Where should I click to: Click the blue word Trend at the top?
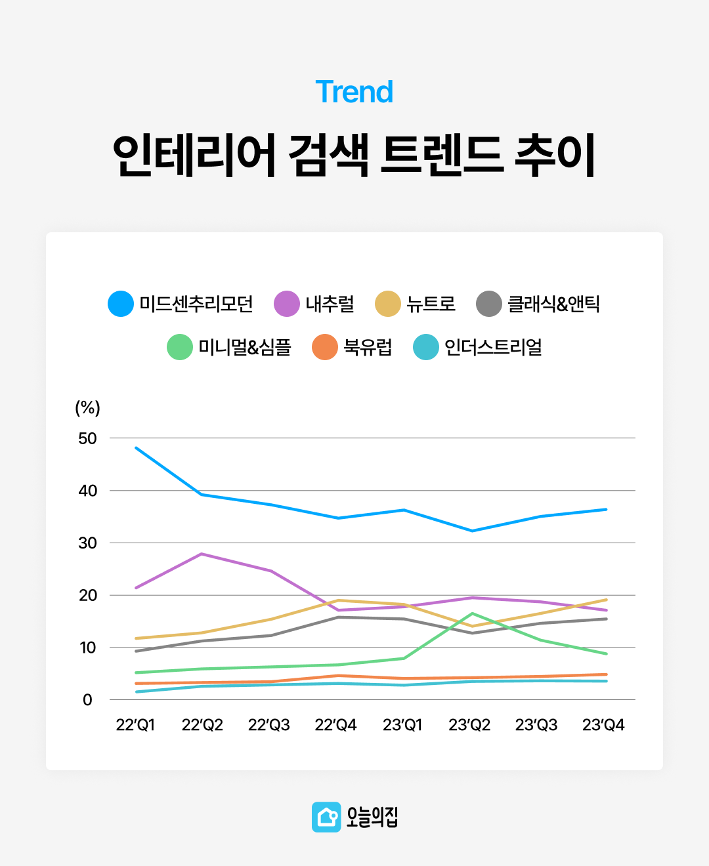pos(354,92)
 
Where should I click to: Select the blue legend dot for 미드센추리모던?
pos(121,304)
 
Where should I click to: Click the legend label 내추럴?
pos(330,304)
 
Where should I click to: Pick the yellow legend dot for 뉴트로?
pos(388,304)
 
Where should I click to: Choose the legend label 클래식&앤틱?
pos(553,304)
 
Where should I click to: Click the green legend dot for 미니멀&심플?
pos(180,347)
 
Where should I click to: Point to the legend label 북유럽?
pos(368,347)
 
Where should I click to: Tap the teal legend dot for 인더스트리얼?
pos(426,347)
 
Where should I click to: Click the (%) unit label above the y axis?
pos(87,407)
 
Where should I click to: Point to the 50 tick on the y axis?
pos(87,438)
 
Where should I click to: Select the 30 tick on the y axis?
pos(87,543)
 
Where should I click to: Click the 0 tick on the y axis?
pos(87,700)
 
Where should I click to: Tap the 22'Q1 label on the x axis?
pos(135,725)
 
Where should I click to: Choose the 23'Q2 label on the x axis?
pos(469,725)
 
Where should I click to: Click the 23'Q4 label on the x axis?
pos(603,725)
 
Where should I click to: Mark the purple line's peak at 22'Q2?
pos(202,554)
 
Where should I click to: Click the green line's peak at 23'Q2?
pos(471,613)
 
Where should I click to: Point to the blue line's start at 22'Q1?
pos(136,447)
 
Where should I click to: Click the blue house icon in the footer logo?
pos(326,817)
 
